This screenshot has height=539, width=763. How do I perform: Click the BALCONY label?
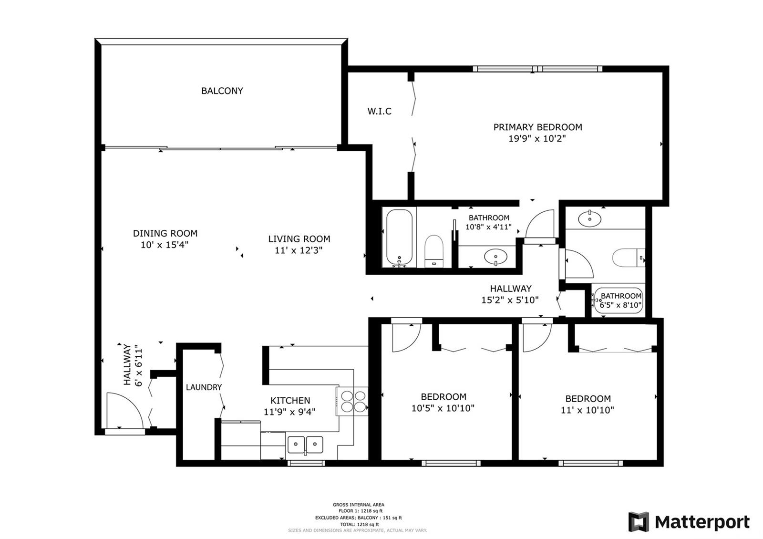[x=222, y=91]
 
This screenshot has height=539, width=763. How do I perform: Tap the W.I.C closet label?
[x=380, y=111]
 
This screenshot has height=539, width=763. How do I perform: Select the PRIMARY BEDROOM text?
[x=537, y=127]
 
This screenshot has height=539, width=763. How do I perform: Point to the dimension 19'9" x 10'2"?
[x=537, y=139]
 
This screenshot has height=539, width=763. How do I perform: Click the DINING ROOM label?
[x=165, y=233]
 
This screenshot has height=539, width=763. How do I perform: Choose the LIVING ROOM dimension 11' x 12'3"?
[x=299, y=250]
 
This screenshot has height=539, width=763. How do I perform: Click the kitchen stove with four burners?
[x=353, y=401]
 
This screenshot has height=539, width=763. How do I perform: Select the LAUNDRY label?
[x=204, y=387]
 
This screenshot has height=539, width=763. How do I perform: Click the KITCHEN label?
[x=290, y=400]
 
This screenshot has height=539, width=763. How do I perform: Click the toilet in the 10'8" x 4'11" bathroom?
[x=434, y=251]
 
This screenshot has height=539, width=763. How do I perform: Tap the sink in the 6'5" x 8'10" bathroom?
[x=589, y=219]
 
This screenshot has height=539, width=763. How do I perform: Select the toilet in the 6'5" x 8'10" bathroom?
[x=629, y=258]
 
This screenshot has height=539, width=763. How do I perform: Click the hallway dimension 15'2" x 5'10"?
[x=510, y=300]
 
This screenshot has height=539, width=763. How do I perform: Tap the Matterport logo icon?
[x=639, y=522]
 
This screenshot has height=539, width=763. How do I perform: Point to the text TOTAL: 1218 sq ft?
[x=360, y=524]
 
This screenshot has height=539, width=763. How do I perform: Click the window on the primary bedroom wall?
[x=537, y=69]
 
